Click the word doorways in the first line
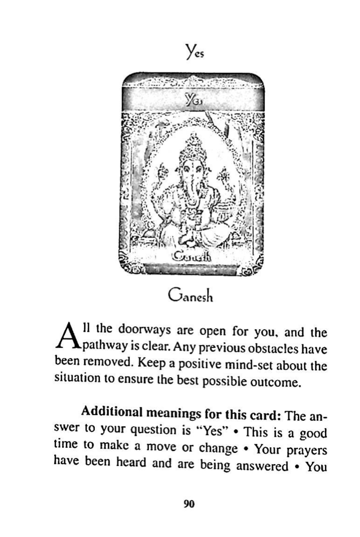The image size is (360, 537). pyautogui.click(x=134, y=330)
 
